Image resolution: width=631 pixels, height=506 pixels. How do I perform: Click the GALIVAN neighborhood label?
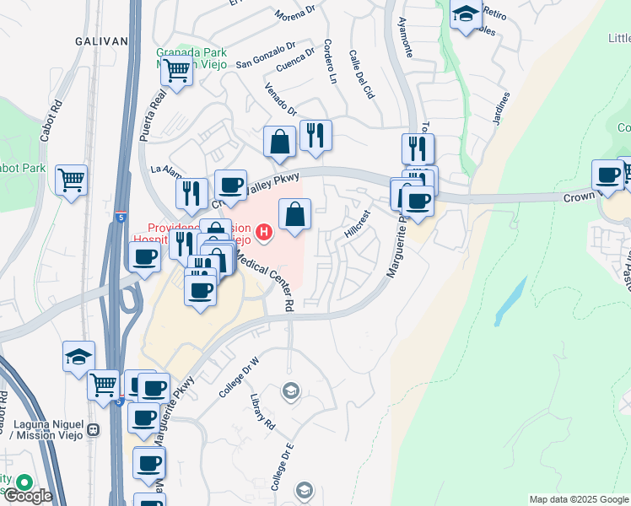tap(101, 40)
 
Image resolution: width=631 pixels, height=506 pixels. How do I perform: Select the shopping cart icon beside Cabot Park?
tap(72, 179)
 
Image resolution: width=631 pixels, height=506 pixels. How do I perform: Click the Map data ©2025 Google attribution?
tap(578, 499)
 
